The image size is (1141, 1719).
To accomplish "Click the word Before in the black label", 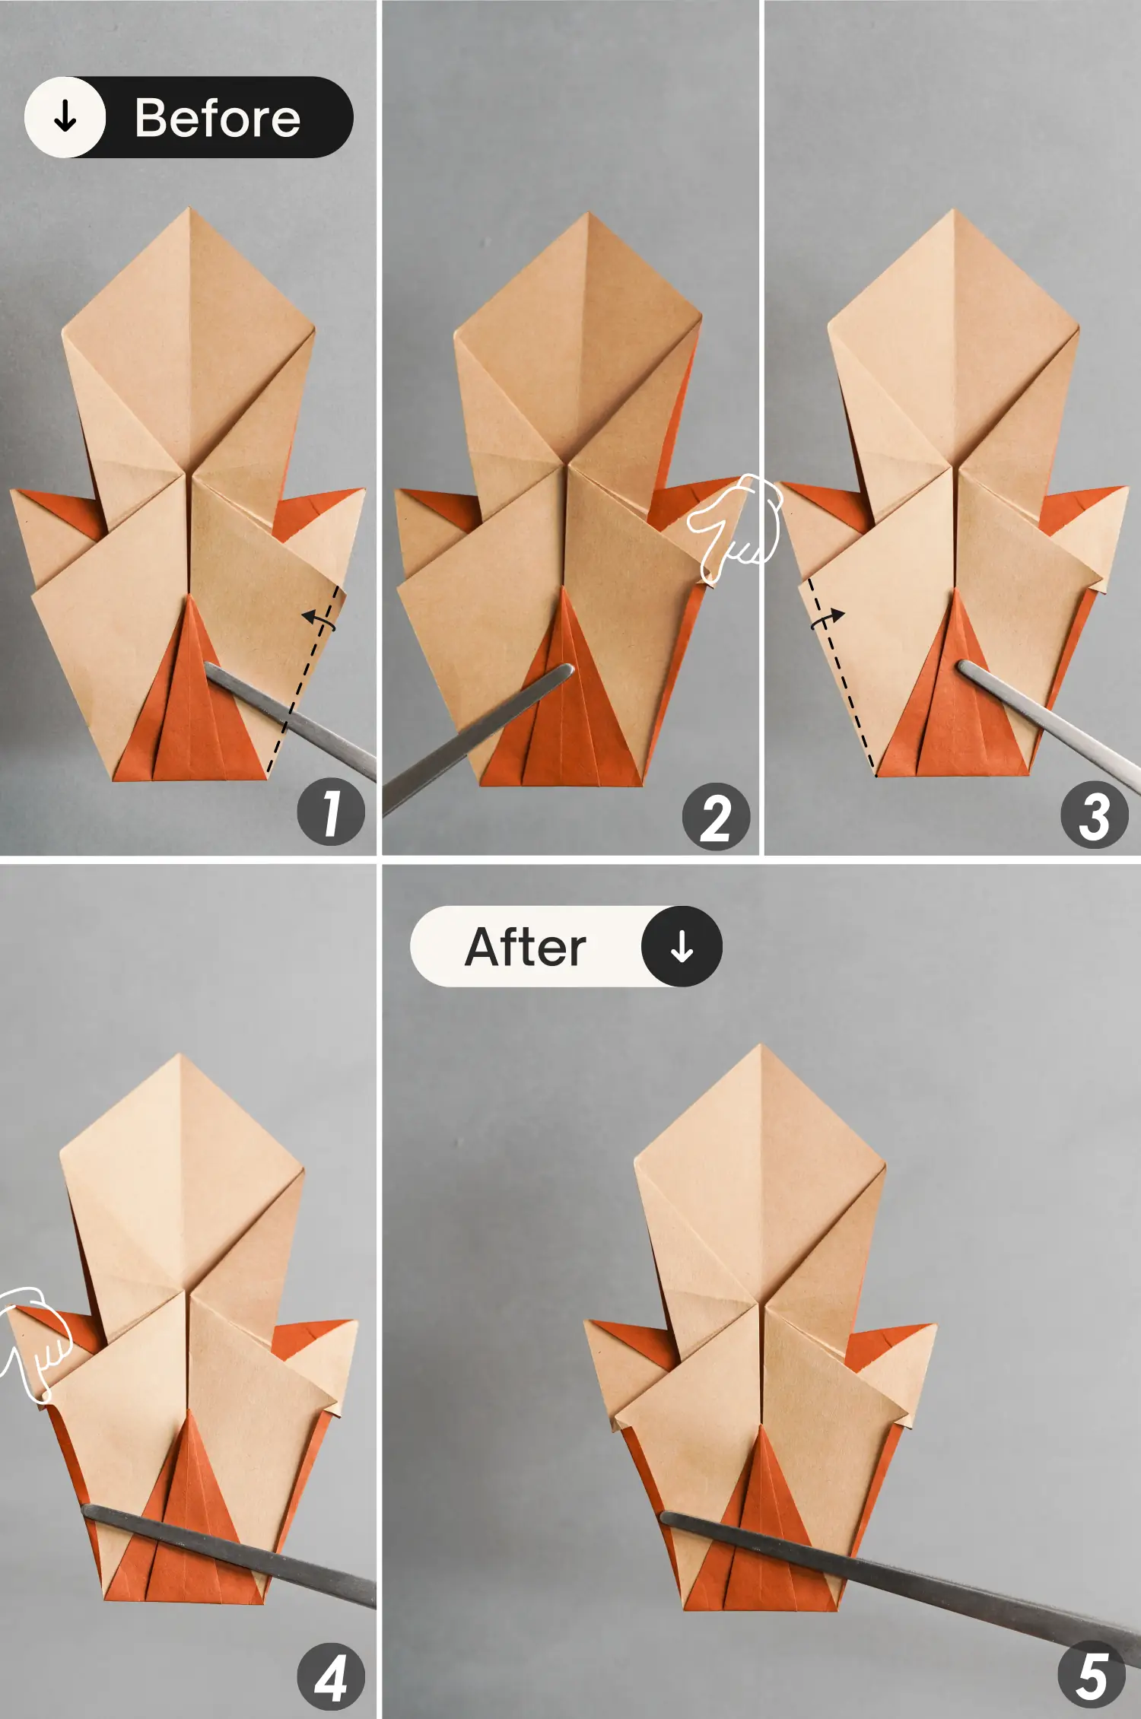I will pyautogui.click(x=218, y=118).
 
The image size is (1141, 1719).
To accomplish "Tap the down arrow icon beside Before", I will pyautogui.click(x=65, y=117).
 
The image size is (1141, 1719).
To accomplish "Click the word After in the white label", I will pyautogui.click(x=525, y=947).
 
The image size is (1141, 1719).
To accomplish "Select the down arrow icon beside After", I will pyautogui.click(x=682, y=946).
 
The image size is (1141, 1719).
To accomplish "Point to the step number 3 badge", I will pyautogui.click(x=1094, y=815).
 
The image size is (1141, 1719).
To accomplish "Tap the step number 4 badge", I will pyautogui.click(x=331, y=1678).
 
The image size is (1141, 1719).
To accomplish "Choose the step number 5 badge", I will pyautogui.click(x=1092, y=1676).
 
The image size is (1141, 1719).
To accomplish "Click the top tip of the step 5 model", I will pyautogui.click(x=759, y=1046).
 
